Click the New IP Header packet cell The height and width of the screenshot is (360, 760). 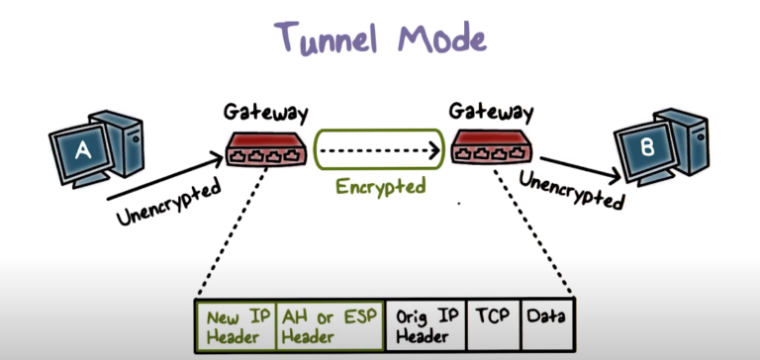coord(236,327)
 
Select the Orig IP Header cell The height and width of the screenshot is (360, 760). coord(425,327)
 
